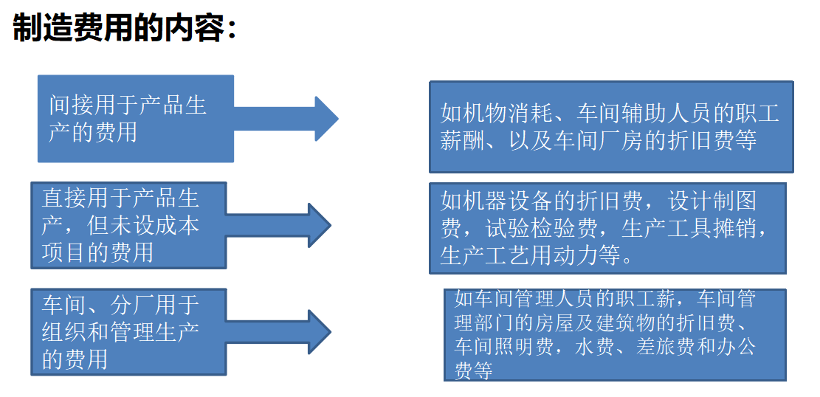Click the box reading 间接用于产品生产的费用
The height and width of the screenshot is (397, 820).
coord(136,118)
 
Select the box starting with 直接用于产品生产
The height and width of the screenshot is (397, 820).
coord(128,225)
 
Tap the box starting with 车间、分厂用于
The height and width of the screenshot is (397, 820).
coord(128,332)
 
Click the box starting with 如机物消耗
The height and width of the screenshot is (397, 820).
coord(610,127)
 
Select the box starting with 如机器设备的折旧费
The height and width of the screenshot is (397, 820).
coord(607,228)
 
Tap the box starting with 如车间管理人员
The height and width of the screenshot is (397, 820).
coord(614,335)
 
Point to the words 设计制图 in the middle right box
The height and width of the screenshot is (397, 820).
coord(712,201)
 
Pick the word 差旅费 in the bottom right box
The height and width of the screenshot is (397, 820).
coord(661,347)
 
